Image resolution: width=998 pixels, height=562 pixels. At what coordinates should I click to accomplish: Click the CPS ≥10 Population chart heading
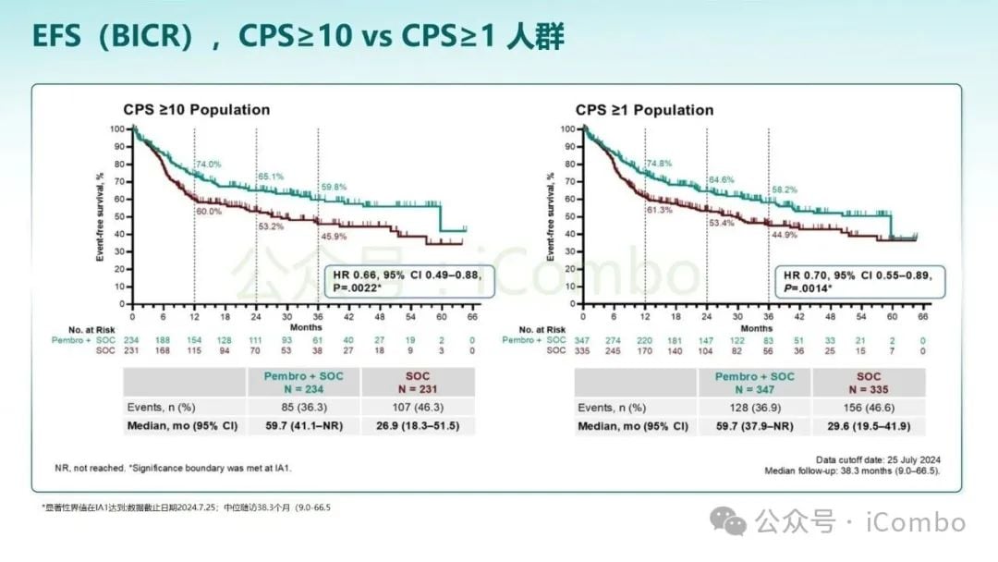pyautogui.click(x=197, y=110)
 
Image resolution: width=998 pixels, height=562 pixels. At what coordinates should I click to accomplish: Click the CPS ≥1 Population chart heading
pyautogui.click(x=644, y=110)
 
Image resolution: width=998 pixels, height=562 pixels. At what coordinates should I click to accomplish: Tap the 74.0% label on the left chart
pyautogui.click(x=208, y=165)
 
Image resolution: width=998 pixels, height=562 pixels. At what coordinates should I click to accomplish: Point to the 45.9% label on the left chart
pyautogui.click(x=334, y=238)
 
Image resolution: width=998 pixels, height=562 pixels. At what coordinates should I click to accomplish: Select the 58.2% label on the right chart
pyautogui.click(x=785, y=189)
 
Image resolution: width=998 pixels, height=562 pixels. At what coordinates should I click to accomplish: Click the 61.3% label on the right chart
pyautogui.click(x=660, y=211)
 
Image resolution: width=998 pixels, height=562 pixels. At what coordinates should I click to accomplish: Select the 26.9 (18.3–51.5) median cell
pyautogui.click(x=417, y=426)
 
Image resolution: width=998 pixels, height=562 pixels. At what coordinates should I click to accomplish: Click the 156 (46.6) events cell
pyautogui.click(x=869, y=407)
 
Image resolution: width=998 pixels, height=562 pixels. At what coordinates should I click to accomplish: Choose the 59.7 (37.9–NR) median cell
pyautogui.click(x=754, y=426)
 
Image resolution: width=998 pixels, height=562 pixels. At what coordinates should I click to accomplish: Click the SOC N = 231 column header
pyautogui.click(x=417, y=383)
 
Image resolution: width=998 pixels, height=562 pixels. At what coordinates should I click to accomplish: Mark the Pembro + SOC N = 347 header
pyautogui.click(x=754, y=383)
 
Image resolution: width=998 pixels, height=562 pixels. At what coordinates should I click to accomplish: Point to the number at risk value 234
pyautogui.click(x=132, y=340)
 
